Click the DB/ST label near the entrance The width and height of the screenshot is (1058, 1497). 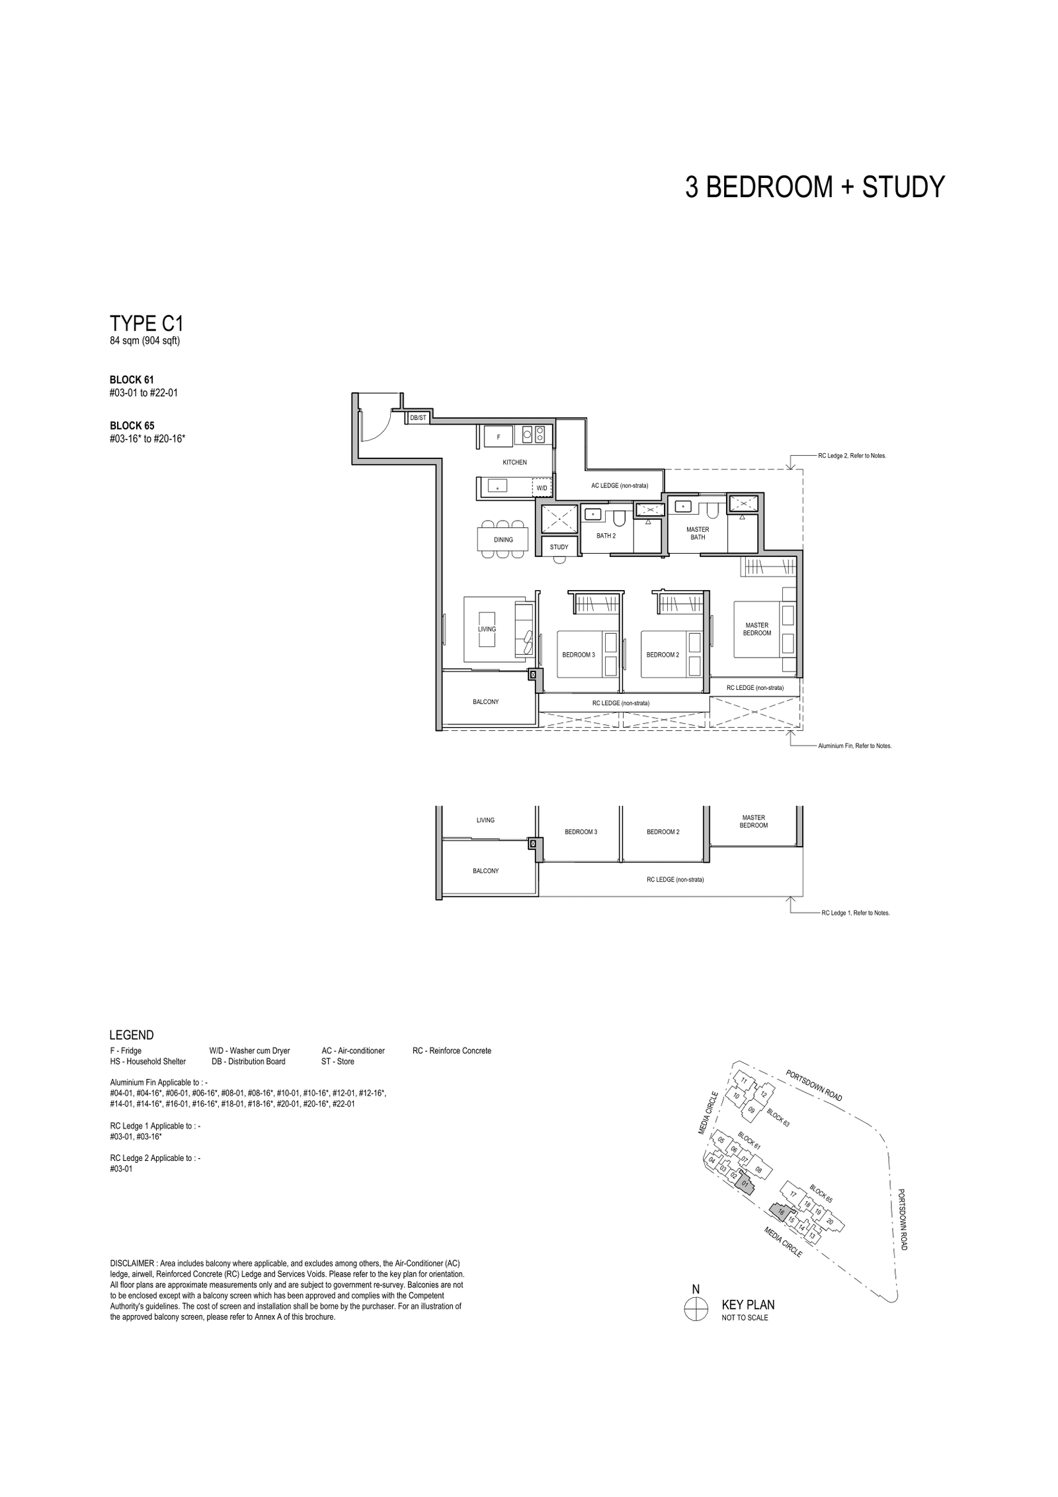[418, 417]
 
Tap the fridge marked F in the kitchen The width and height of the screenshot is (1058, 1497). [498, 437]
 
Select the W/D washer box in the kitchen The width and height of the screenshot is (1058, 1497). [542, 488]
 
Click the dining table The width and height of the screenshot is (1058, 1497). [503, 540]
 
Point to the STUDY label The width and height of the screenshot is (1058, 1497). [559, 547]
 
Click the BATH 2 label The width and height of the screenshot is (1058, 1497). [606, 536]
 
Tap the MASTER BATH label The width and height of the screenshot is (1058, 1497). [698, 533]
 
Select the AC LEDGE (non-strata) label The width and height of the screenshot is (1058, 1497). [620, 486]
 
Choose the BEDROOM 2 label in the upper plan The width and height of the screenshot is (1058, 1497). [663, 655]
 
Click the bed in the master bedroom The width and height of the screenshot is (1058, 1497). [764, 628]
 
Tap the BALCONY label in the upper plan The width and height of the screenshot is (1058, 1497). [485, 701]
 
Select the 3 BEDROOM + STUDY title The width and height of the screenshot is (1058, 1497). [815, 187]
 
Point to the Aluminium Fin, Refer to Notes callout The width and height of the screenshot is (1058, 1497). [854, 746]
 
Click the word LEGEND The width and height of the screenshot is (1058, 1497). [132, 1035]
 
